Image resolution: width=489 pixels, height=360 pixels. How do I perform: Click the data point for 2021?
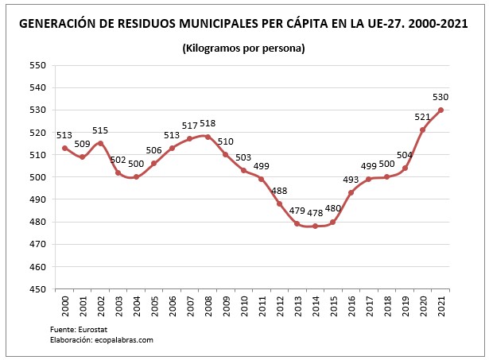coord(440,110)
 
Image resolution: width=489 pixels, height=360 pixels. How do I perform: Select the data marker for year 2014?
coord(315,226)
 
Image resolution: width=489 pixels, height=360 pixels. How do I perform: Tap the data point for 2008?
coord(208,137)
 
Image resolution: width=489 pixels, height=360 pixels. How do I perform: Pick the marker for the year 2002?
coord(100,143)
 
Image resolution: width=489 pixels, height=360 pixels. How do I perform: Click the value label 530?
coord(440,96)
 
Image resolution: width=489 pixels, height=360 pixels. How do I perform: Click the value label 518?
coord(208,123)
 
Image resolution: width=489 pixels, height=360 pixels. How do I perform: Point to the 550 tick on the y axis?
coord(37,65)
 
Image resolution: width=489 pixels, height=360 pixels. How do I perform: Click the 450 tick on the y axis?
coord(37,289)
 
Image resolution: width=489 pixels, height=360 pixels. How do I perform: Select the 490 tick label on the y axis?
coord(37,199)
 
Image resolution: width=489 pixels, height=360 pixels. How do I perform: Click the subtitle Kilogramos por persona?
coord(244,48)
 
